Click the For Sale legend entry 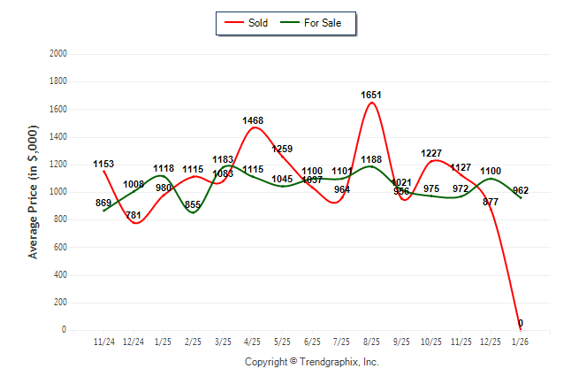coord(315,23)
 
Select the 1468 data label coord(254,119)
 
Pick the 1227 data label coord(431,153)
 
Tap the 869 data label coord(103,204)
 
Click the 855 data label coord(193,205)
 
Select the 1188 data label coord(372,160)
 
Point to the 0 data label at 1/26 coord(521,323)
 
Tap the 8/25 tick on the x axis coord(372,341)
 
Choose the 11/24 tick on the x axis coord(103,341)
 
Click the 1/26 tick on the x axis coord(521,341)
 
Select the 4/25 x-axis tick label coord(253,341)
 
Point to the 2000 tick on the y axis coord(57,54)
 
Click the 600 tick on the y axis coord(59,247)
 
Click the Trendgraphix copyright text coord(311,362)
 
